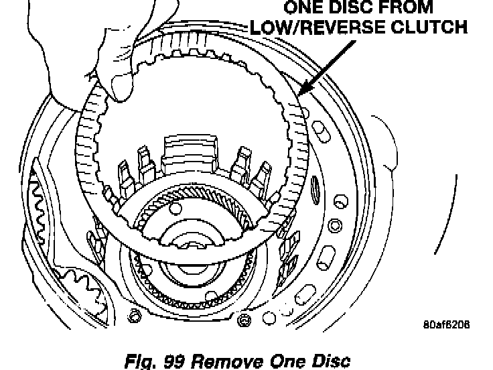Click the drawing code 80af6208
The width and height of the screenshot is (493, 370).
click(x=446, y=324)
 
